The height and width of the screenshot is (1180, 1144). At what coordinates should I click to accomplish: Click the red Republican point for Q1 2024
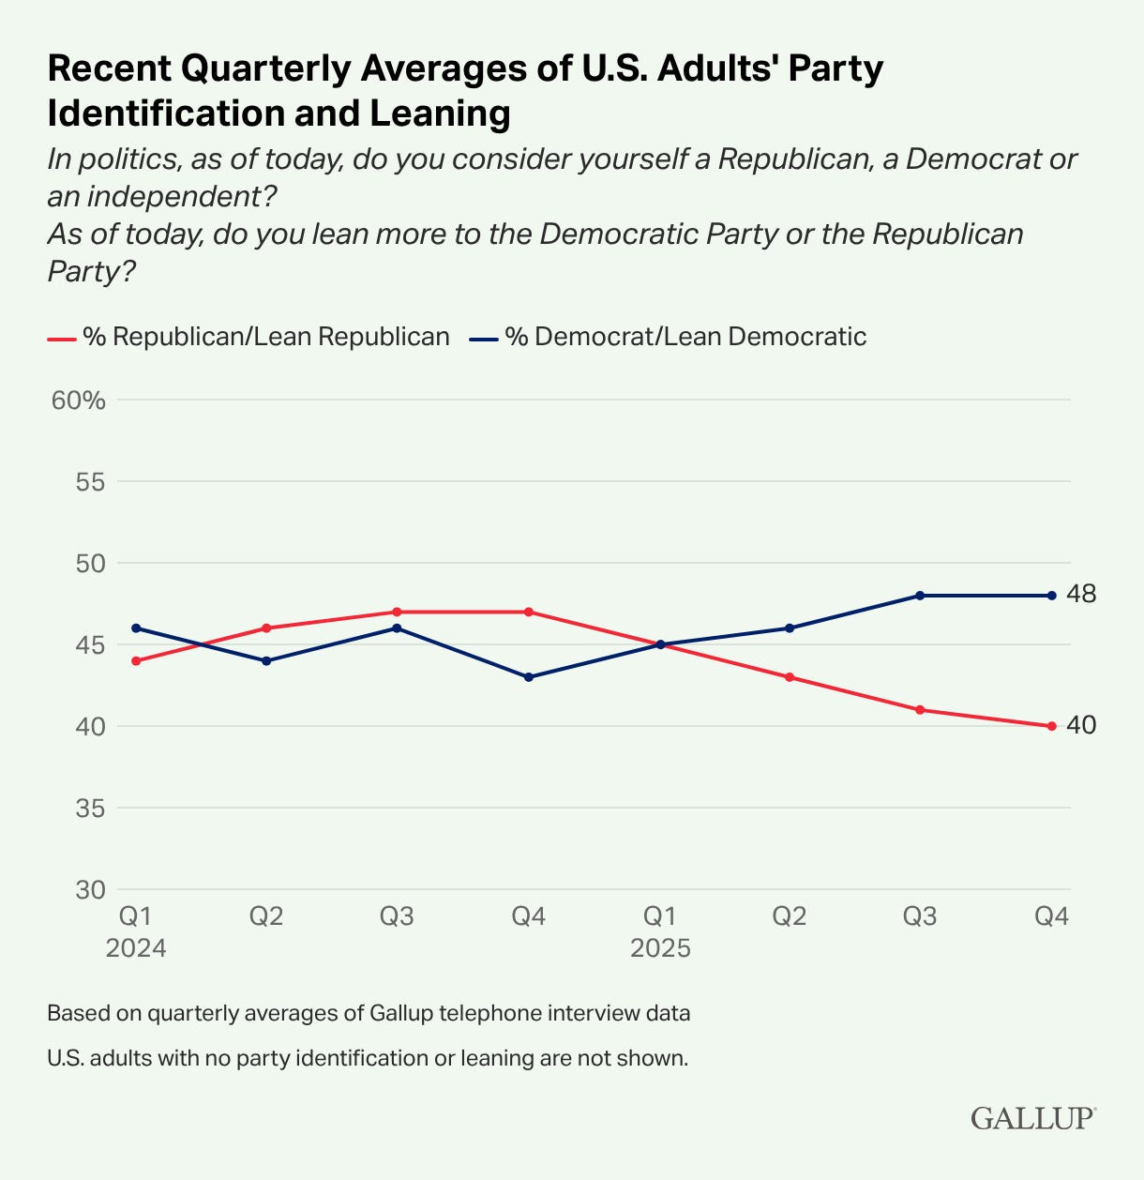(x=136, y=660)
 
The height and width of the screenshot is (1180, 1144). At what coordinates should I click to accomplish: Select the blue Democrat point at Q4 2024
(x=528, y=677)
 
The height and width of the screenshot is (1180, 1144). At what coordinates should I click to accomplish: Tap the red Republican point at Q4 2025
(x=1051, y=726)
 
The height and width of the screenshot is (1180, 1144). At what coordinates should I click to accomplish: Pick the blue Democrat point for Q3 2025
(x=920, y=596)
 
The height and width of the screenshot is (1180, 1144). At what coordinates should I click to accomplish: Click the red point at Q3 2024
(x=397, y=612)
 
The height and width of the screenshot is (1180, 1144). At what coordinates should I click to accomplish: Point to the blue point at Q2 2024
(x=266, y=660)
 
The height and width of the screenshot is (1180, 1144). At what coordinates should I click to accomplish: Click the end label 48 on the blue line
(x=1081, y=594)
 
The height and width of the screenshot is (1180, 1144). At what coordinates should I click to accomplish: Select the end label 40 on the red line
(x=1081, y=725)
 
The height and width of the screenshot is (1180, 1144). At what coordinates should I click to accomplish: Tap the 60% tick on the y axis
(x=79, y=401)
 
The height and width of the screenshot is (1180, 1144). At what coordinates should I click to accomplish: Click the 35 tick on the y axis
(x=90, y=808)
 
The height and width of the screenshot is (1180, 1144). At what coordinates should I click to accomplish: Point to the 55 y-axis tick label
(x=90, y=482)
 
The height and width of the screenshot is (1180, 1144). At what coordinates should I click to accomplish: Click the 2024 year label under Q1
(x=136, y=948)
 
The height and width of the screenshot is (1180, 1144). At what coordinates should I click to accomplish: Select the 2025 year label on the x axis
(x=660, y=948)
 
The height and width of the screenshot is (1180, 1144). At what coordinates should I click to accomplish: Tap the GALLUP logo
(x=1032, y=1118)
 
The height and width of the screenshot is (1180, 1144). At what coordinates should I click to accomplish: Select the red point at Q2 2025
(x=790, y=677)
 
